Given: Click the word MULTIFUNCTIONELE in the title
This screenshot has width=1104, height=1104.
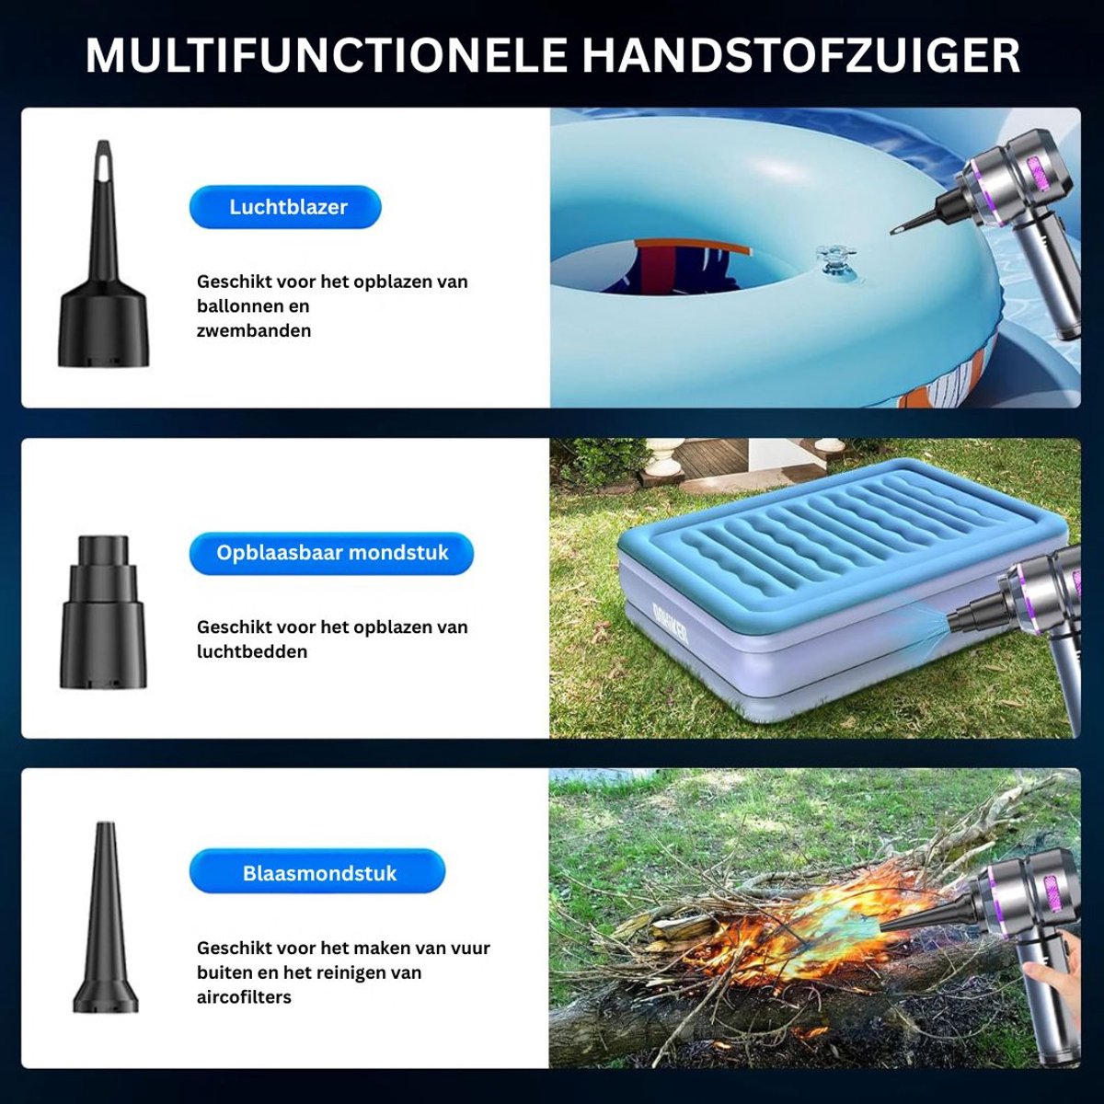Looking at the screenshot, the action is (328, 55).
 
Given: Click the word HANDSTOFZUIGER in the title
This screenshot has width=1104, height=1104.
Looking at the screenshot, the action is (801, 55).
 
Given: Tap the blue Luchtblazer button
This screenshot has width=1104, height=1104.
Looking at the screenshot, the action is (285, 207).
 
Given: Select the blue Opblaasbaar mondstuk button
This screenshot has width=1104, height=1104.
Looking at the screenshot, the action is (331, 554).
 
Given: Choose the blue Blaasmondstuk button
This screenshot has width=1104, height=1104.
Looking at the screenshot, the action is (316, 873).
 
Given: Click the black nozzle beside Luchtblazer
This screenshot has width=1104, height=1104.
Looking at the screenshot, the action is (103, 254).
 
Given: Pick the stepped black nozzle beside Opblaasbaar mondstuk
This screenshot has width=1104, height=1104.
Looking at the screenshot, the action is (103, 612).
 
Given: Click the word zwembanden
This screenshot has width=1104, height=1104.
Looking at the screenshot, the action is (254, 330).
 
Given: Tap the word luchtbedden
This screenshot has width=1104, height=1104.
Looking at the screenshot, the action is (252, 651).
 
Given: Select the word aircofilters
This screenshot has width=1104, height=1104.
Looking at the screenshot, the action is (244, 997).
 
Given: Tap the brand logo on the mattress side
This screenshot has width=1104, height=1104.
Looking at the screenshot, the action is (671, 624).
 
